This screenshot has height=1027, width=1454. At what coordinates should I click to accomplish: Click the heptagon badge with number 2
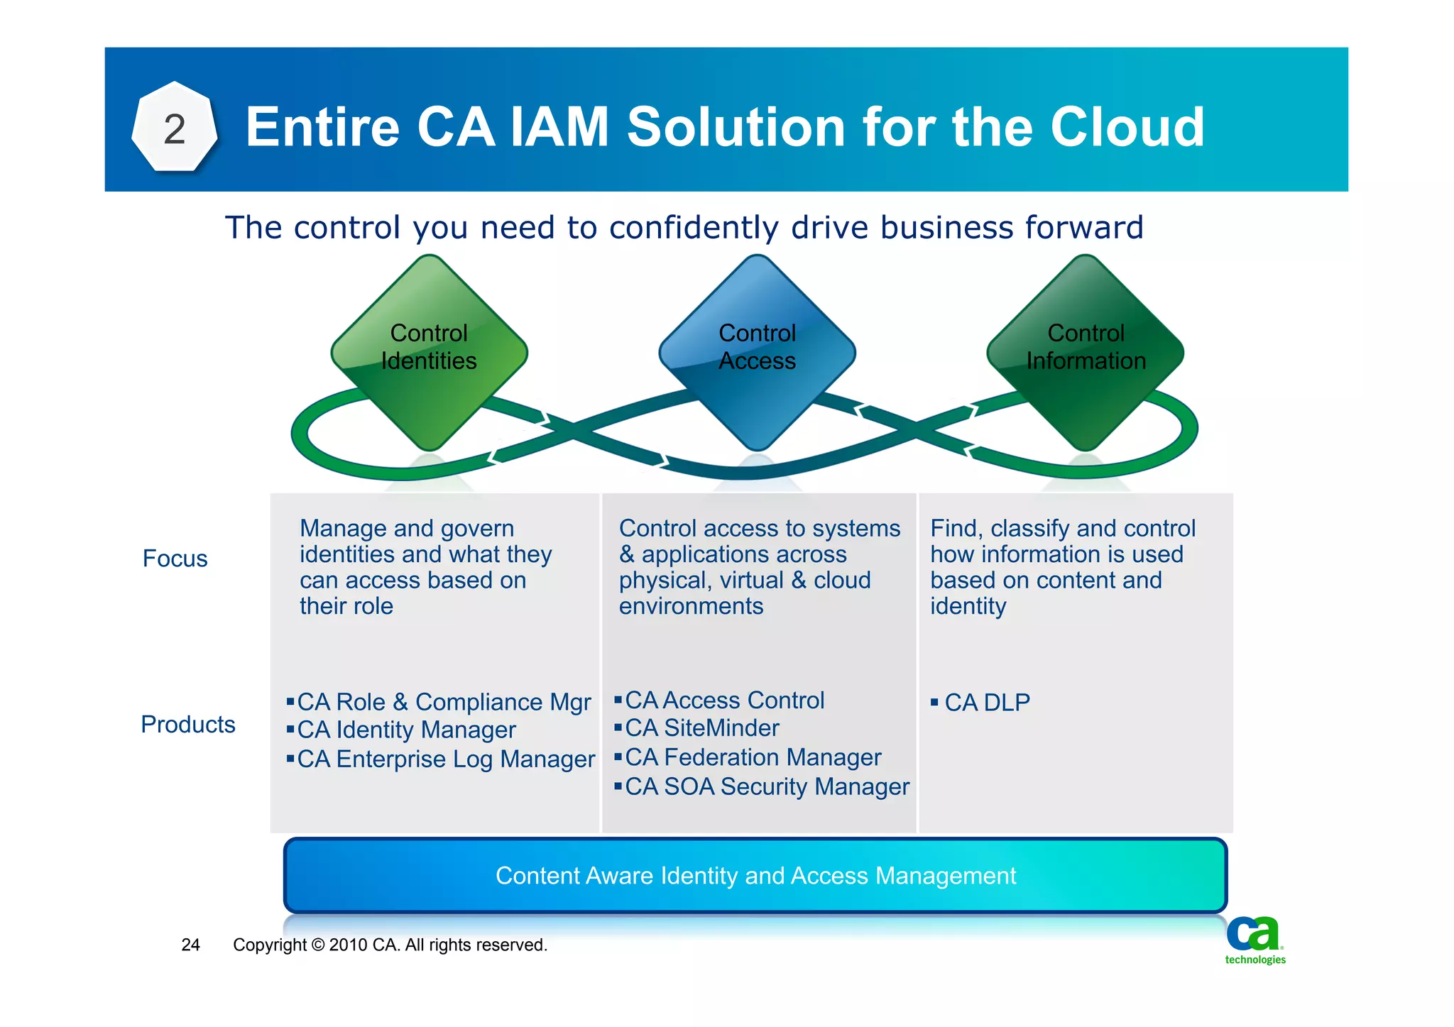click(x=174, y=128)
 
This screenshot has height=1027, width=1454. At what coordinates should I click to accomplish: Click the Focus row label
click(x=175, y=559)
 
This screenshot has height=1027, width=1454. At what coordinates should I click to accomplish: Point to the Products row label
click(x=187, y=725)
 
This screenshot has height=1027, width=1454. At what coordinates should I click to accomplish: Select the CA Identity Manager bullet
click(x=405, y=730)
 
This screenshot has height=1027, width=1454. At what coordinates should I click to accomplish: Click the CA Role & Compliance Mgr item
click(x=443, y=702)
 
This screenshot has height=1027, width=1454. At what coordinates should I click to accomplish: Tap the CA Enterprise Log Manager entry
click(x=445, y=759)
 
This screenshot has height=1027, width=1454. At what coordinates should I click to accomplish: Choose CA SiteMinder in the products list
click(x=701, y=728)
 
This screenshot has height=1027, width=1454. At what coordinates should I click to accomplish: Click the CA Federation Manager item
click(x=753, y=758)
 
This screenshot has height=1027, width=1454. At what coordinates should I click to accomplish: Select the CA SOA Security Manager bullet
click(x=767, y=787)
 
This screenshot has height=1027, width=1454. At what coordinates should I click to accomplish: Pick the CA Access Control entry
click(x=724, y=701)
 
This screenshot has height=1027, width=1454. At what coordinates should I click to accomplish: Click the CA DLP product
click(x=986, y=703)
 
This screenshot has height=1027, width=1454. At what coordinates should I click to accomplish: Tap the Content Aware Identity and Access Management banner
click(x=755, y=876)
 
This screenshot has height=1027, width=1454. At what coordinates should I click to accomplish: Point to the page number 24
click(x=190, y=945)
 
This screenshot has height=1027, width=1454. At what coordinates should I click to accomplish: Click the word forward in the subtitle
click(x=1083, y=229)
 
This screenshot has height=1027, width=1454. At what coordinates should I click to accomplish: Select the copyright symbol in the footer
click(x=317, y=945)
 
